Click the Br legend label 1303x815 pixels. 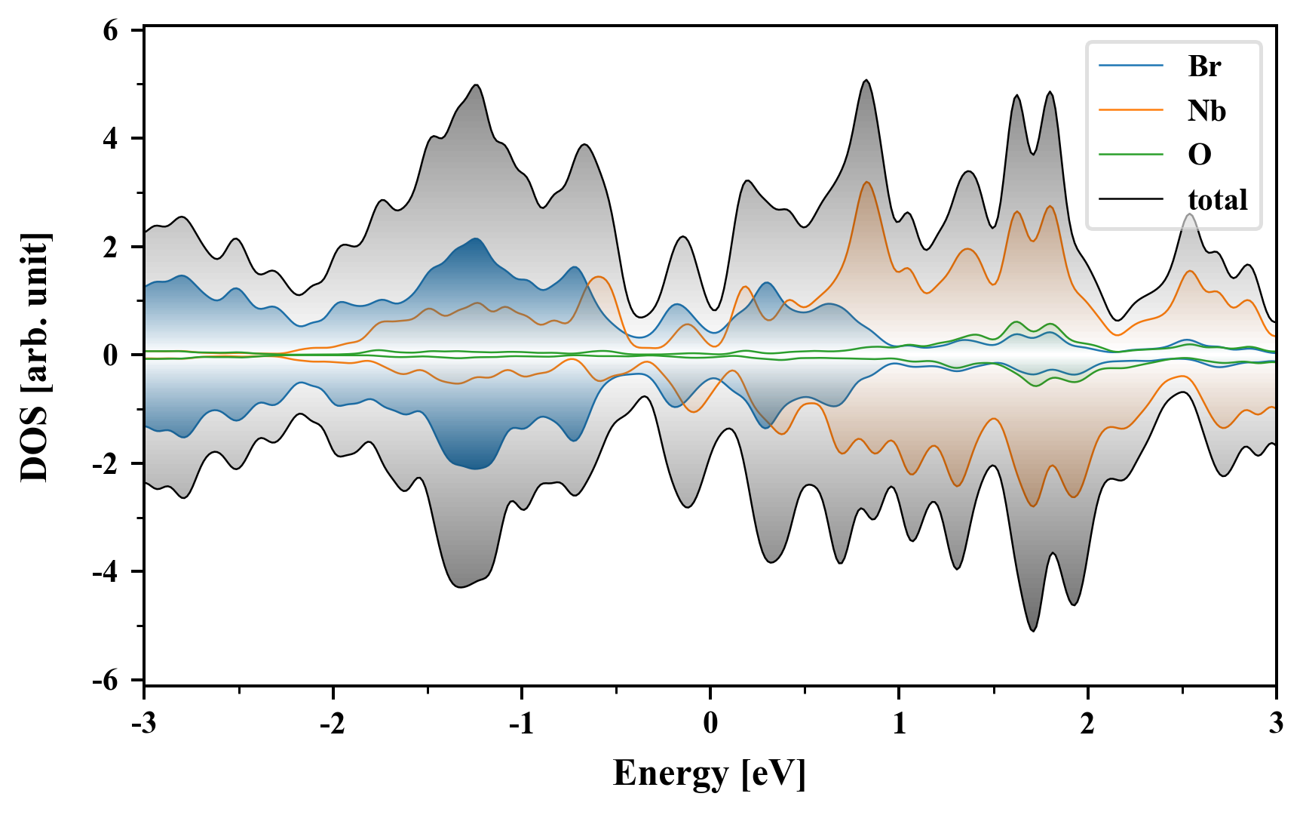click(x=1204, y=66)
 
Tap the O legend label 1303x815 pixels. click(x=1199, y=155)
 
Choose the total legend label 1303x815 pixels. click(x=1217, y=199)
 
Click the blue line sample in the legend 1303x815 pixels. click(x=1131, y=66)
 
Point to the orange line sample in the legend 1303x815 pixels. click(x=1131, y=110)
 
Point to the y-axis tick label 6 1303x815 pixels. click(x=111, y=31)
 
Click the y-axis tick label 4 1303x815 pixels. click(x=111, y=139)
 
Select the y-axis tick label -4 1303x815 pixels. click(x=106, y=571)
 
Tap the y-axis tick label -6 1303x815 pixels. click(x=106, y=680)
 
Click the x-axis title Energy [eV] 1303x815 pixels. click(x=710, y=773)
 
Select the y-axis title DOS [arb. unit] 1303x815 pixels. click(x=35, y=357)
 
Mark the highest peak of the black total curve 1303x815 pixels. click(x=866, y=80)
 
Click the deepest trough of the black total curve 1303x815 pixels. click(x=1033, y=630)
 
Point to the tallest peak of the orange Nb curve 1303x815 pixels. click(x=866, y=182)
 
